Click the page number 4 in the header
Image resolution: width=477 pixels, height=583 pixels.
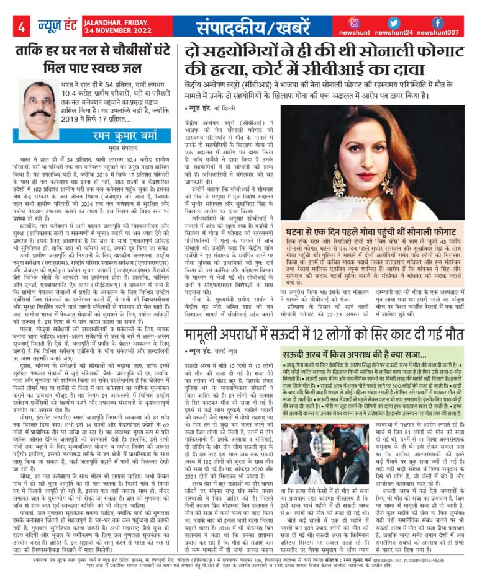(x=21, y=27)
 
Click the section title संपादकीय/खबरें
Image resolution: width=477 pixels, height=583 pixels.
(x=237, y=27)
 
